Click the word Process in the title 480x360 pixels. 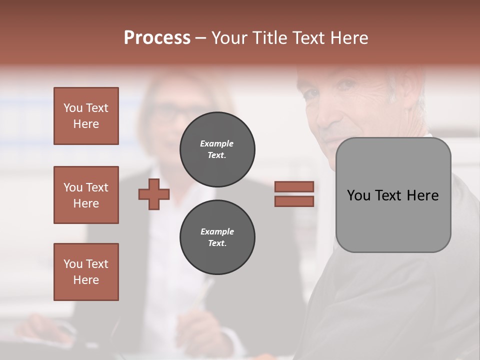pos(157,38)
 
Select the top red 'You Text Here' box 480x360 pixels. pos(86,116)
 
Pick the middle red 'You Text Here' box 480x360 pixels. pos(86,195)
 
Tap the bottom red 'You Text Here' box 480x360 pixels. pos(86,272)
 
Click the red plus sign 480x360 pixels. pos(154,194)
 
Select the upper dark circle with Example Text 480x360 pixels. pos(217,149)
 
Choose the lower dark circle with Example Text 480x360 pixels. pos(217,237)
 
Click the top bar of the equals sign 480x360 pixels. pos(294,186)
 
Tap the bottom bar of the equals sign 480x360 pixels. pos(294,201)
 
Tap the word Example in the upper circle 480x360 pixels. pos(217,143)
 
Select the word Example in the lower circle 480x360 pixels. pos(217,231)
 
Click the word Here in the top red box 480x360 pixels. pos(86,124)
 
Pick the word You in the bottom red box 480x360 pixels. pos(73,264)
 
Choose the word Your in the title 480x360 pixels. pos(229,38)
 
